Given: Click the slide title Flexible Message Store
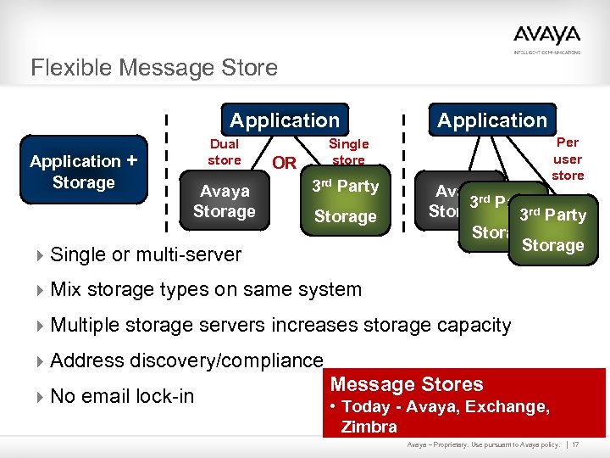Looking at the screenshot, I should (x=154, y=67).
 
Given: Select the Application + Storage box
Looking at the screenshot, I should (x=84, y=171).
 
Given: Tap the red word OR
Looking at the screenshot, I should (x=284, y=163).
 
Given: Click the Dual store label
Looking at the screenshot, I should (x=225, y=152).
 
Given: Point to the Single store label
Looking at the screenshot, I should (x=348, y=152).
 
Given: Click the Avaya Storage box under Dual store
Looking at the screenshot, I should (x=225, y=202).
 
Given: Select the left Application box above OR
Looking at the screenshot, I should (x=284, y=120).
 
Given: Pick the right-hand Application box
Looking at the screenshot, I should (x=492, y=120).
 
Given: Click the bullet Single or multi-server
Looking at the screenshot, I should (x=146, y=254).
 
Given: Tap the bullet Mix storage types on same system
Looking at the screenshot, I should (x=206, y=289).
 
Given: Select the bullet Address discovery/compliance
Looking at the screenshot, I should (x=186, y=360).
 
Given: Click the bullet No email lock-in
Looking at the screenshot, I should (x=122, y=396).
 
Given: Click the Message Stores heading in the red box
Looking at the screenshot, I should (x=407, y=384).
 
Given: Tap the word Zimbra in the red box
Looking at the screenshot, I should (x=369, y=427).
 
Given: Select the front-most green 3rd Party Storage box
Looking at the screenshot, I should (x=552, y=230).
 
